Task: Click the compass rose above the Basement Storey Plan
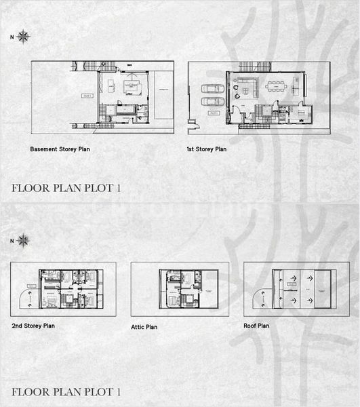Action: pyautogui.click(x=23, y=36)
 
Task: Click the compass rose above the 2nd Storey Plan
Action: pyautogui.click(x=23, y=239)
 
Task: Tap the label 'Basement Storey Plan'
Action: pyautogui.click(x=60, y=148)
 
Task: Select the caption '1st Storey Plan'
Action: pyautogui.click(x=207, y=148)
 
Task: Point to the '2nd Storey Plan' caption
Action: pyautogui.click(x=33, y=326)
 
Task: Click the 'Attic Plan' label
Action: pyautogui.click(x=144, y=327)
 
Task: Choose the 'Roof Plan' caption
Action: pyautogui.click(x=256, y=326)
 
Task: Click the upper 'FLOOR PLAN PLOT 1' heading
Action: pyautogui.click(x=66, y=188)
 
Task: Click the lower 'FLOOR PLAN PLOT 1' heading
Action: pyautogui.click(x=66, y=391)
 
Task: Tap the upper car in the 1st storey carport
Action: pyautogui.click(x=211, y=88)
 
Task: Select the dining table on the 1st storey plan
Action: pyautogui.click(x=277, y=86)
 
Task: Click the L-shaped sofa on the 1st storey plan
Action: pyautogui.click(x=244, y=86)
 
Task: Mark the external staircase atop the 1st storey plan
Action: pyautogui.click(x=254, y=66)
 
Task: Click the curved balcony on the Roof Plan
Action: pyautogui.click(x=260, y=297)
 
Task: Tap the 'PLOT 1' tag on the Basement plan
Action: pyautogui.click(x=88, y=96)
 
